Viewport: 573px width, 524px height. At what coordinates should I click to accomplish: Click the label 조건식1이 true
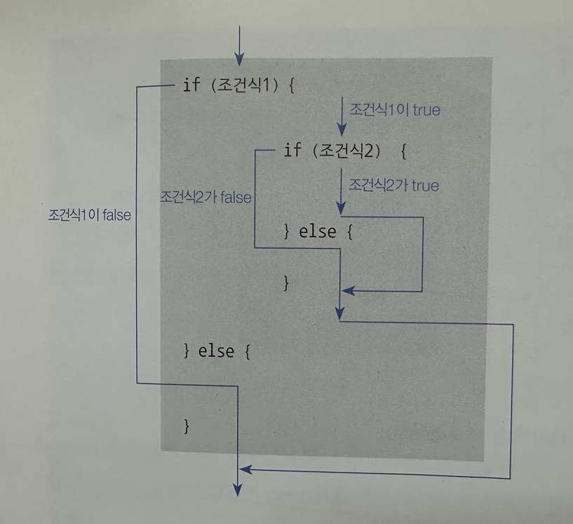(x=396, y=110)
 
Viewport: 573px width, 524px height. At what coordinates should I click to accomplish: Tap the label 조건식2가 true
(x=393, y=186)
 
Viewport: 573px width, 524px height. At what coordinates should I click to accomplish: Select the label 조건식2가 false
(x=206, y=197)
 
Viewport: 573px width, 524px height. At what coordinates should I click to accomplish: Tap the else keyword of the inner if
(x=317, y=231)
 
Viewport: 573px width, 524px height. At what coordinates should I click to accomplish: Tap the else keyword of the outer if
(x=215, y=350)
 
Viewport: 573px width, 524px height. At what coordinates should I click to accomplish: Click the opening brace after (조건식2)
(x=403, y=150)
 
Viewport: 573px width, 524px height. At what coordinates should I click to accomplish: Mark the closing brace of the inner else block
(x=285, y=283)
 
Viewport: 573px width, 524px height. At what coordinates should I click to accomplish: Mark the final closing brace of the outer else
(x=186, y=425)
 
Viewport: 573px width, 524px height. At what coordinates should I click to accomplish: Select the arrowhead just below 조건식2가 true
(x=341, y=210)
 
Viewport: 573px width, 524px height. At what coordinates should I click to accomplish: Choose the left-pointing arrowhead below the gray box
(x=248, y=469)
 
